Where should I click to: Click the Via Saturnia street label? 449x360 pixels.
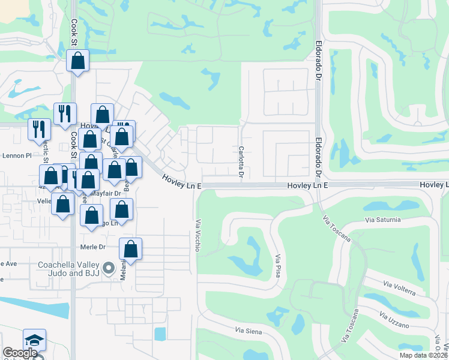click(382, 220)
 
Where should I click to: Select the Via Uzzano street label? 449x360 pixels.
click(394, 320)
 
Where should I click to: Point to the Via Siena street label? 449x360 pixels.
click(247, 331)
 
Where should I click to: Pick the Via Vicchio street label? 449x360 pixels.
click(197, 235)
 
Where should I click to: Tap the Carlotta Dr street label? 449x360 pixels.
click(241, 163)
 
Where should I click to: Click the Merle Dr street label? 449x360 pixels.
click(92, 247)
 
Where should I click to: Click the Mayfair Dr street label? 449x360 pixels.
click(106, 193)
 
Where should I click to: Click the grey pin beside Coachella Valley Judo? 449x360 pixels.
click(109, 268)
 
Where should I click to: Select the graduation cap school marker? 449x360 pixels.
click(34, 340)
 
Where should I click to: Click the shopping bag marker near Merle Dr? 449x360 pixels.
click(130, 248)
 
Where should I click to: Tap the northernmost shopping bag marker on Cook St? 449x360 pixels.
click(77, 60)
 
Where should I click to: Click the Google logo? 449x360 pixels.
click(20, 353)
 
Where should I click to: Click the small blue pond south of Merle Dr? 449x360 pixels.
click(160, 334)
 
